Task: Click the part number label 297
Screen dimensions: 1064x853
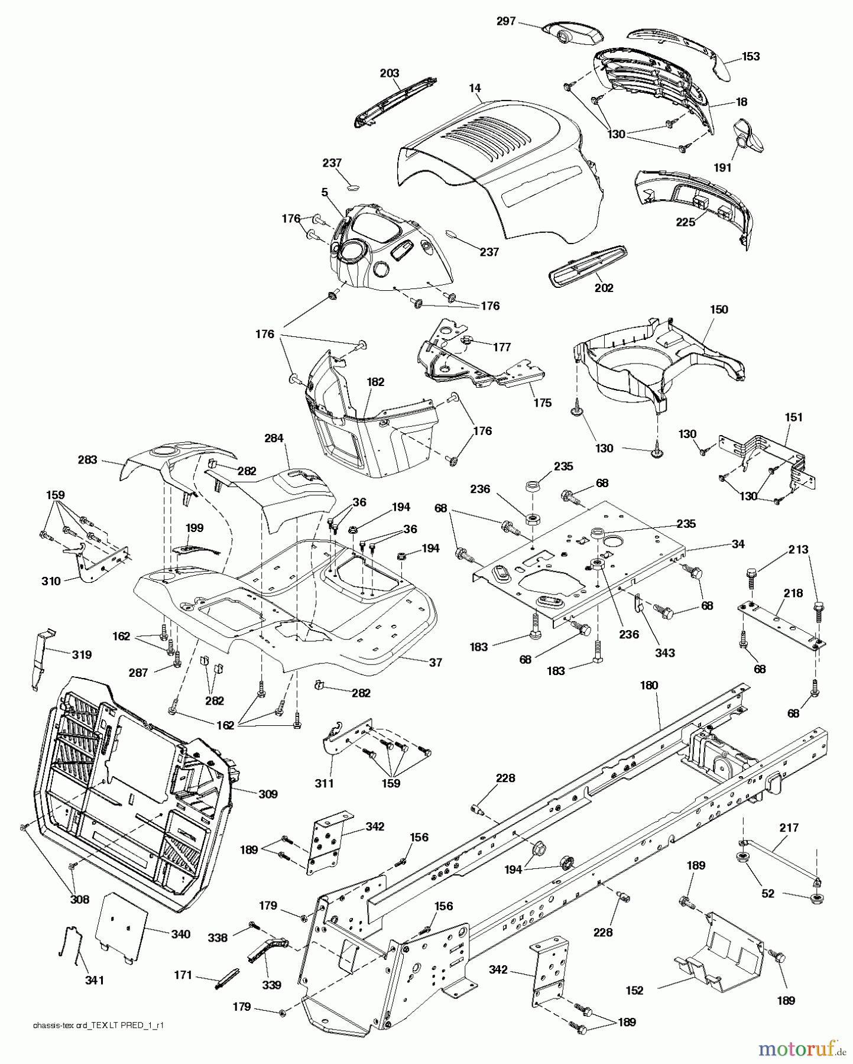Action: click(507, 21)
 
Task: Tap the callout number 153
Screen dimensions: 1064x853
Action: click(751, 57)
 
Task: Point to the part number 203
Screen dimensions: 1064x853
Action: click(390, 73)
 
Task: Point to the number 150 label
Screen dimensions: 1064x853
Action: click(719, 310)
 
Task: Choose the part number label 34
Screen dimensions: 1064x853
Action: click(738, 544)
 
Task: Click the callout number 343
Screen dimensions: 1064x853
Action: click(664, 653)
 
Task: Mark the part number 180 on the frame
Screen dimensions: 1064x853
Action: click(648, 686)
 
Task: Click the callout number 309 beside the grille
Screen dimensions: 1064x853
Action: click(268, 794)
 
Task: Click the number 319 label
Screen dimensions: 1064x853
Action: click(82, 654)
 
